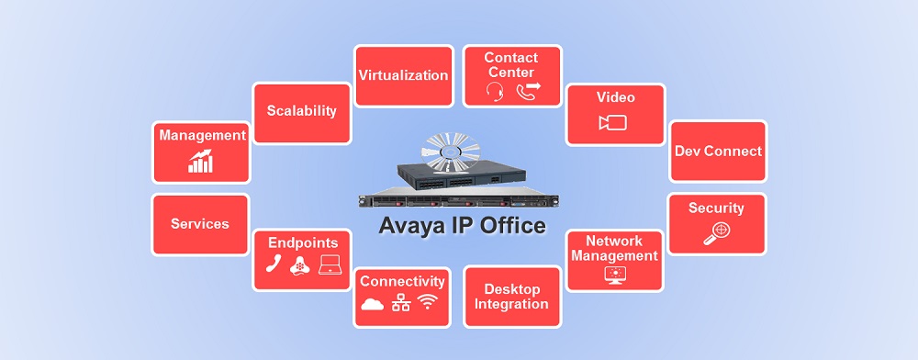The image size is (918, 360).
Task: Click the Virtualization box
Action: (403, 75)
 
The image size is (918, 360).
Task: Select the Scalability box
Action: (301, 111)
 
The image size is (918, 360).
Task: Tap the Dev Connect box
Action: (718, 151)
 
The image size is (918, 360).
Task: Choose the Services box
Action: (200, 223)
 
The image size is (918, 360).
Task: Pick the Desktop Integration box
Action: (511, 296)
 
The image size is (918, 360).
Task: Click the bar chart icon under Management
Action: (200, 163)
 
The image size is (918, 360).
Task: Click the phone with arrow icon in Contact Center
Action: (528, 89)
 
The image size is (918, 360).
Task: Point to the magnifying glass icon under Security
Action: (715, 233)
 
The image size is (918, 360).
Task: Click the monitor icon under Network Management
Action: (612, 274)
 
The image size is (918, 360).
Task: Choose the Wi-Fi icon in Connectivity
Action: (428, 304)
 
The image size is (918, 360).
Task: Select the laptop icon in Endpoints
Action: (330, 265)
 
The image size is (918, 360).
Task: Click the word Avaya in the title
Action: (409, 225)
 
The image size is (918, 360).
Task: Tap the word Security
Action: (716, 208)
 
